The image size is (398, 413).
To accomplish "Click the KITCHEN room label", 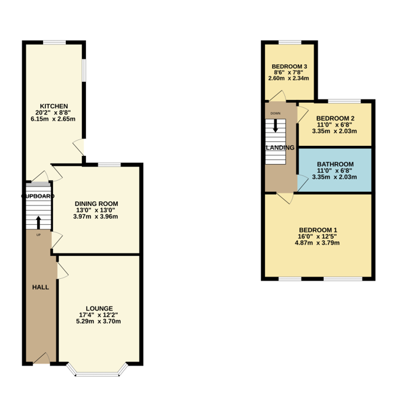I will click(54, 106).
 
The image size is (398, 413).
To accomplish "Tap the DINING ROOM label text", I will click(95, 204).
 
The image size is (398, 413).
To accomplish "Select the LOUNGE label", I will click(99, 308).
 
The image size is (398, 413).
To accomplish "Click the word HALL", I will click(41, 287).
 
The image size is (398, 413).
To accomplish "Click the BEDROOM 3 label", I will click(289, 66).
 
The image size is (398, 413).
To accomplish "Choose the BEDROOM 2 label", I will click(334, 118).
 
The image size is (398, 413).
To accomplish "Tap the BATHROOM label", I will click(335, 164).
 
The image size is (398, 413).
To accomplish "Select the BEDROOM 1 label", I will click(318, 230).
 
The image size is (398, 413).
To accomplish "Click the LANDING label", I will click(280, 147).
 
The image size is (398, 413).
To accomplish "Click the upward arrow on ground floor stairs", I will click(39, 222).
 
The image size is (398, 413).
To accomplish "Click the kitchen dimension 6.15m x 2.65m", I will click(54, 119).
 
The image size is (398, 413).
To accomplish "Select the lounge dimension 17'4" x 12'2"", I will click(99, 315).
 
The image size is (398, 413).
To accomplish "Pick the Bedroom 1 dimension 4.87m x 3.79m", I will click(318, 243).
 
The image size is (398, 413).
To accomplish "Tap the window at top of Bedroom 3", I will click(290, 42).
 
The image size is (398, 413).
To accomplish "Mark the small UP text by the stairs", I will click(39, 235).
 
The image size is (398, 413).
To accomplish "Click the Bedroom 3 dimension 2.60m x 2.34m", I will click(289, 78).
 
